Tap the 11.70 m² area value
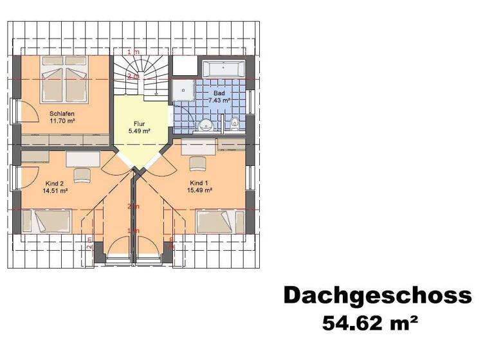pyautogui.click(x=63, y=121)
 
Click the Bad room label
pyautogui.click(x=219, y=94)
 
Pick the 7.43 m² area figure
pyautogui.click(x=219, y=101)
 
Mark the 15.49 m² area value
pyautogui.click(x=199, y=190)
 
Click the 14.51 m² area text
pyautogui.click(x=55, y=191)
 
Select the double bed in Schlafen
pyautogui.click(x=64, y=81)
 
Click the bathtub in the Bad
pyautogui.click(x=223, y=69)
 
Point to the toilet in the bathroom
pyautogui.click(x=235, y=122)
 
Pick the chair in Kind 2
pyautogui.click(x=82, y=175)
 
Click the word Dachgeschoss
pyautogui.click(x=378, y=295)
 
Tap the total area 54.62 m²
pyautogui.click(x=370, y=322)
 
